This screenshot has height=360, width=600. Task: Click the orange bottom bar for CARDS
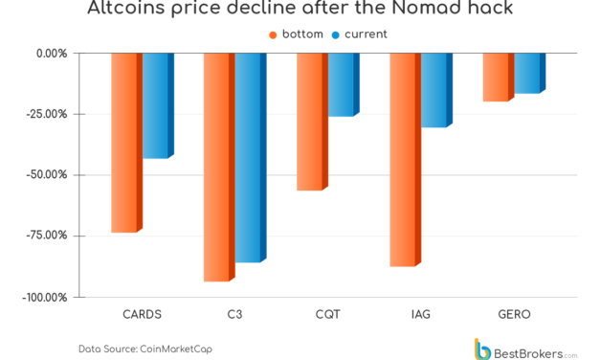[x=125, y=142]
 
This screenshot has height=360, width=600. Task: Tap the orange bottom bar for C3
[x=218, y=167]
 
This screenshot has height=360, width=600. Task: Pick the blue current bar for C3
[x=249, y=157]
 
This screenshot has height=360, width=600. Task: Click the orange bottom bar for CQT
[x=311, y=122]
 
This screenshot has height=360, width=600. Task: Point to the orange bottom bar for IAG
[x=404, y=159]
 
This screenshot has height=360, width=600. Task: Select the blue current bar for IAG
[x=434, y=90]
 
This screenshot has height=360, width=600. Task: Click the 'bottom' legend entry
[x=297, y=34]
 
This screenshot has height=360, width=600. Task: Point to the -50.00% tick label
[x=47, y=174]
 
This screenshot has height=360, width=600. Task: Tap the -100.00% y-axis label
[x=45, y=297]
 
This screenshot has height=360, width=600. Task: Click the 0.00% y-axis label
[x=51, y=53]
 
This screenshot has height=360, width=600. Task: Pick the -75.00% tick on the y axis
[x=47, y=236]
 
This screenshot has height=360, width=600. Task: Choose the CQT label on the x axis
[x=326, y=313]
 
